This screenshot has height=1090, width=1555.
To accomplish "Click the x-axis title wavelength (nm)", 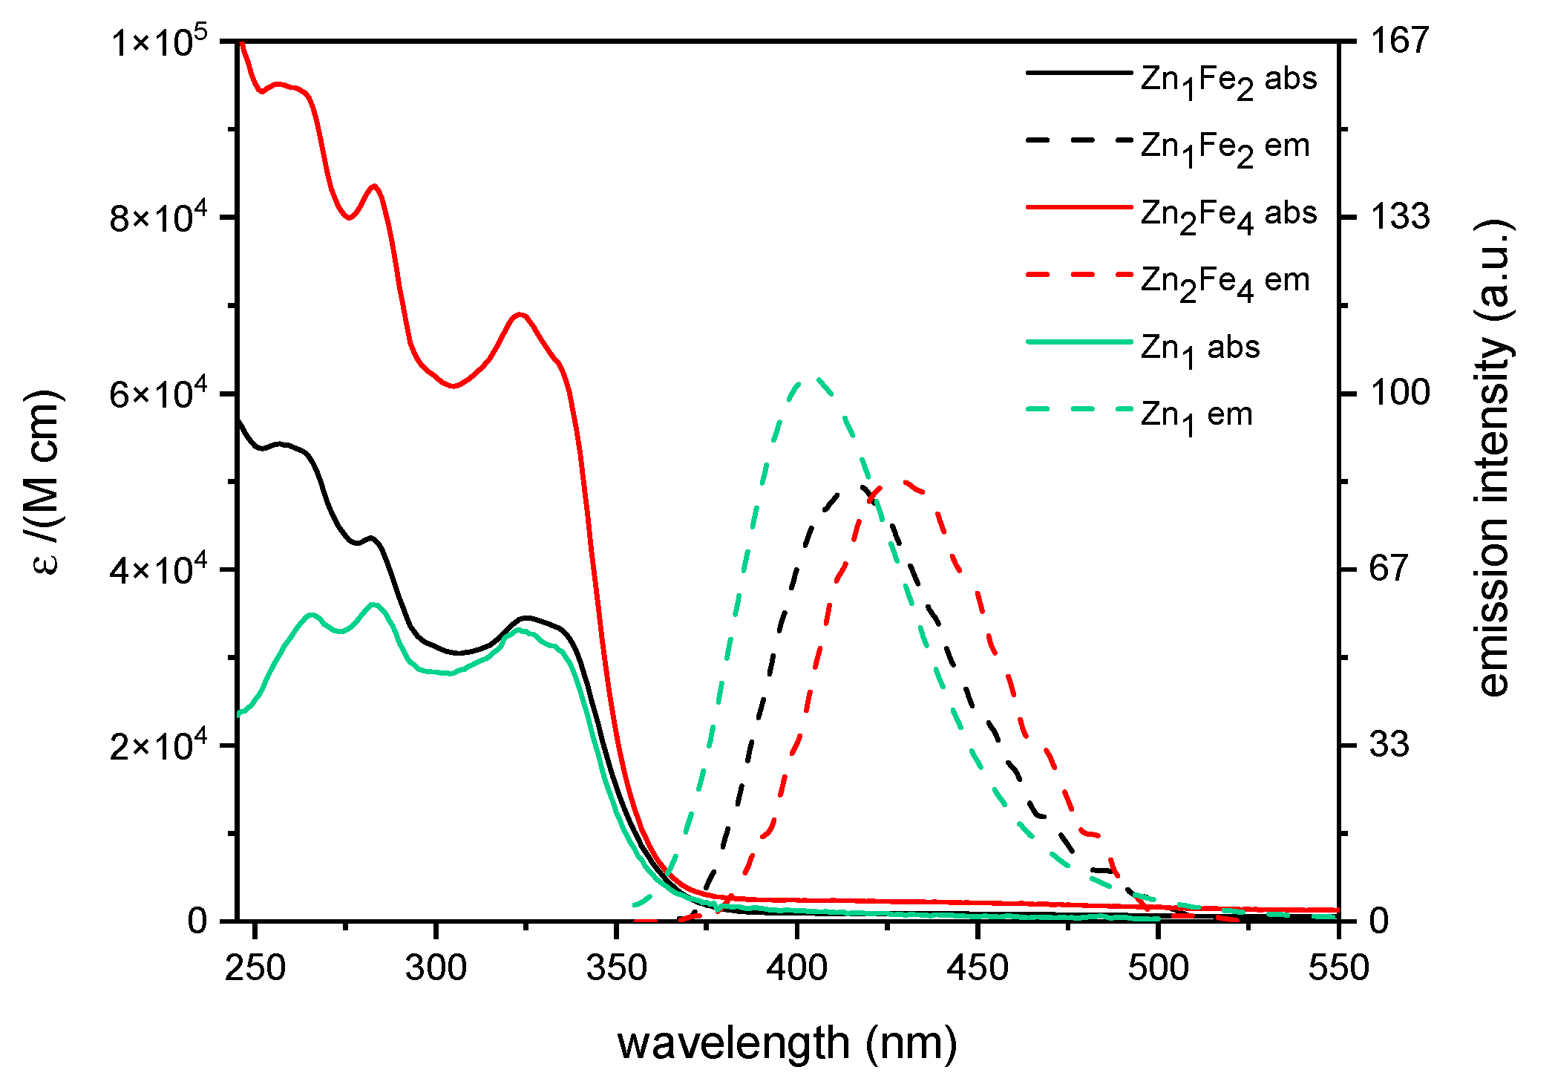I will [787, 1043].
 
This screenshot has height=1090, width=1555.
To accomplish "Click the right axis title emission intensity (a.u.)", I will [1493, 458].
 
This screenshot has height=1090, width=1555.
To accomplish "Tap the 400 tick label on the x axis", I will [797, 967].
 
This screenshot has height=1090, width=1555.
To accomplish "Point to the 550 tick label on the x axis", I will [1338, 967].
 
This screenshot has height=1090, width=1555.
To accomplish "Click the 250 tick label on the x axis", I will [255, 967].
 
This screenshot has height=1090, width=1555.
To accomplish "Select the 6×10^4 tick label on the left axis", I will [159, 393].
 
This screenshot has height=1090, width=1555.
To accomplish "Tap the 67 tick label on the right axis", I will [1389, 569].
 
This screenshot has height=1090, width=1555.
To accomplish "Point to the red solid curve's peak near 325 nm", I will [521, 314].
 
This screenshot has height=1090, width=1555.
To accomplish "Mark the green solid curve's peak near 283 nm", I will [374, 604].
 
